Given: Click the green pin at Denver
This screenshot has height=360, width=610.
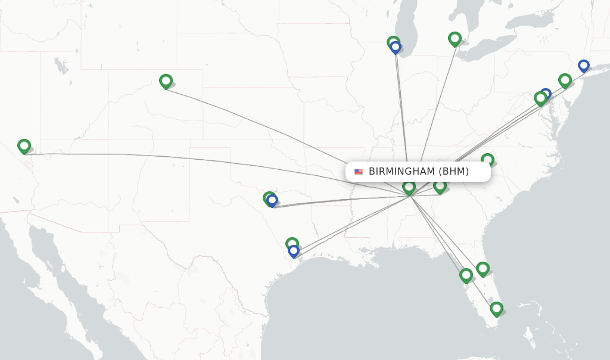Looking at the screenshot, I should pos(166,81).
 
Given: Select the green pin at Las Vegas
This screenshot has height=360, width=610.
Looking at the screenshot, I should pos(24,146).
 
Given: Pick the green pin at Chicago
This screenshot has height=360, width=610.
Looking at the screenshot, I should pos(393,42).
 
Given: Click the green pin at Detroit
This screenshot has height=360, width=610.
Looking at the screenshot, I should pos(455,39).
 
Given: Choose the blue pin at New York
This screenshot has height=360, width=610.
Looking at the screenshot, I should pos(584,66).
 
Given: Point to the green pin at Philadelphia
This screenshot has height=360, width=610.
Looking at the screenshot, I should pos(565,80).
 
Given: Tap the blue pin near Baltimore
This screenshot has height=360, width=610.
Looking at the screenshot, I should pos(546,94).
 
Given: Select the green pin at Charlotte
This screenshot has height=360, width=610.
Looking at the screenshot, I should pos(487,160).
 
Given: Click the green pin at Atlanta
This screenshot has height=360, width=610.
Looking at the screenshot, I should pos(440,186).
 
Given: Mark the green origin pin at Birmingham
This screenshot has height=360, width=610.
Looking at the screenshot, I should pos(409,187).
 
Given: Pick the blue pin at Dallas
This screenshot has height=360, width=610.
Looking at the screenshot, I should pos(272,200).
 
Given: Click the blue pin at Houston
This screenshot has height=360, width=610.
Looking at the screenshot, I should pos(294,251).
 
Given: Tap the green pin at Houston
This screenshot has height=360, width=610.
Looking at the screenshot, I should pos(291,244).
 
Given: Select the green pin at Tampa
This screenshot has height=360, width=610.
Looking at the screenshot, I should pos(466,275).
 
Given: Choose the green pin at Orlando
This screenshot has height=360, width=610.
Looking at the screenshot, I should pos(483,269).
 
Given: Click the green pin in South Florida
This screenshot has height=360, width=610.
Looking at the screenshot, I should pos(496,308).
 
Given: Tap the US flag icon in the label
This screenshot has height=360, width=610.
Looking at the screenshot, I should pos(359,172).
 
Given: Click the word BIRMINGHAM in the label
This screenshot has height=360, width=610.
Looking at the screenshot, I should pos(402,172).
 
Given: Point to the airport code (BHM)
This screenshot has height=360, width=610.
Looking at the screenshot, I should pos(453,172).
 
